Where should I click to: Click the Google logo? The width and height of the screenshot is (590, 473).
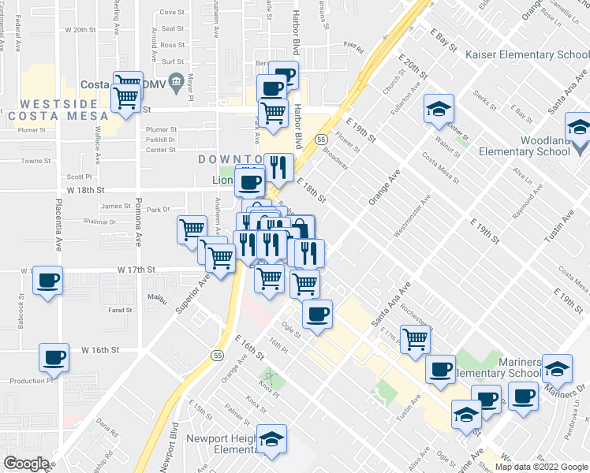[25, 464]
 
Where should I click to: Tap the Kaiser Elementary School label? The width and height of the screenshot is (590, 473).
[526, 54]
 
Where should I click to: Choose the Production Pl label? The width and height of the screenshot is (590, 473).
[31, 380]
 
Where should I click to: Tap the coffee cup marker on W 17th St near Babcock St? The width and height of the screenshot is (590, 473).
[47, 281]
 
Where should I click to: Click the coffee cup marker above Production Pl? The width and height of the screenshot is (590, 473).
[54, 358]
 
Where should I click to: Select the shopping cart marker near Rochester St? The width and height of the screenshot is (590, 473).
[415, 339]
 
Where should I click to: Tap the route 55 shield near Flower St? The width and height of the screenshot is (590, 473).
[322, 139]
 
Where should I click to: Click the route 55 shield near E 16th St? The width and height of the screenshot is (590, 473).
[218, 356]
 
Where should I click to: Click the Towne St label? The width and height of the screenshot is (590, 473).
[35, 160]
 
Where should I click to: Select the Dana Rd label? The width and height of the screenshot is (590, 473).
[106, 432]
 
